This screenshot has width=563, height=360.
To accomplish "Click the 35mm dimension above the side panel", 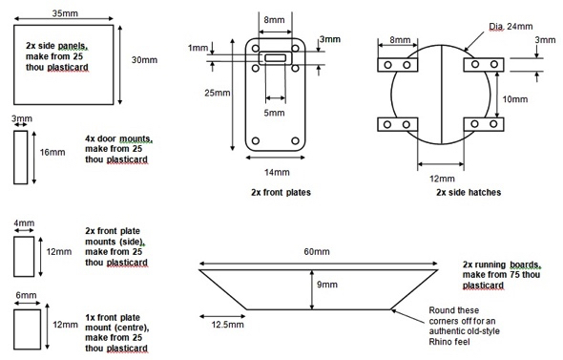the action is click(65, 13).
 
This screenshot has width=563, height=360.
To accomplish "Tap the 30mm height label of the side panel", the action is click(144, 59).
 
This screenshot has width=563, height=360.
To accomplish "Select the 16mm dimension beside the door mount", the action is click(52, 152).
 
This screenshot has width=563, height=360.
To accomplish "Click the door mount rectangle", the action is click(20, 158).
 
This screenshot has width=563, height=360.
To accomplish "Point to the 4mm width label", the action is click(24, 222).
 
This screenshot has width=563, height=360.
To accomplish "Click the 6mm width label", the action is click(26, 295).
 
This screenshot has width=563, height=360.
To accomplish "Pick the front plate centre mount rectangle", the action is click(28, 329).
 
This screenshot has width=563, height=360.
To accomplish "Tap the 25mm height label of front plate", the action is click(218, 93).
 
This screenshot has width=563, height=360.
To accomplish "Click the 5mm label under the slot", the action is click(274, 113).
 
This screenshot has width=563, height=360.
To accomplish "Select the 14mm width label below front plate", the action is click(277, 172).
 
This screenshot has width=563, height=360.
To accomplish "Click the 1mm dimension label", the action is click(198, 48).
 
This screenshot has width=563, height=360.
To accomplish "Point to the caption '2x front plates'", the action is click(281, 192).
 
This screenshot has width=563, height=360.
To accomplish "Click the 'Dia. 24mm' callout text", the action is click(511, 26).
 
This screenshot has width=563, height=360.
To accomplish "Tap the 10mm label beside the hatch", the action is click(515, 98).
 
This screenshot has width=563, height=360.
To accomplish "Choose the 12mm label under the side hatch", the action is click(442, 179).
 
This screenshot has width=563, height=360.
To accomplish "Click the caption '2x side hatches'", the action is click(469, 192).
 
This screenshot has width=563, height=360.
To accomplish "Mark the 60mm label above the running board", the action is click(317, 251).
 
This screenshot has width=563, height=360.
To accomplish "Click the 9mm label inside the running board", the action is click(327, 285).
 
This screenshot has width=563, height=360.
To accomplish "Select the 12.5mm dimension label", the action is click(227, 325).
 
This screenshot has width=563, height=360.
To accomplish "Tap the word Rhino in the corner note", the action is click(439, 341).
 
